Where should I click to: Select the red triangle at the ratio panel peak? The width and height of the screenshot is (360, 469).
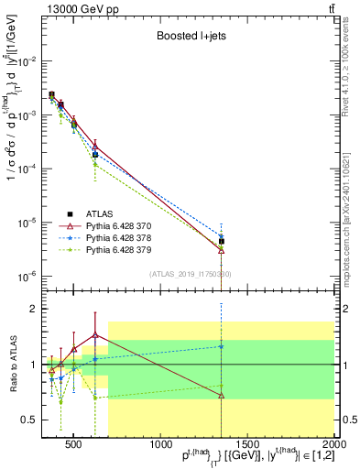click(94, 334)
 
